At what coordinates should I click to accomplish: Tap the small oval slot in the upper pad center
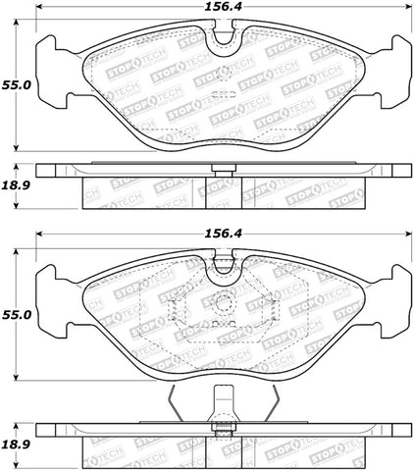pos(223,95)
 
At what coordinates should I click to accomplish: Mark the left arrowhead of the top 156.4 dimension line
pos(40,21)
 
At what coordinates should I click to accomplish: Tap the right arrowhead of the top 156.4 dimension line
pos(405,21)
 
